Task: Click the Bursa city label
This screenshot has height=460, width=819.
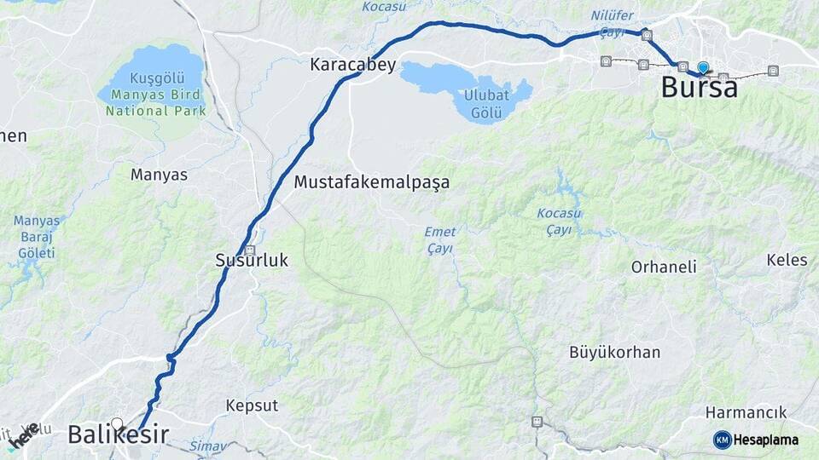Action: [x=700, y=87]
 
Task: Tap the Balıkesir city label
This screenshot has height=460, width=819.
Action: [x=118, y=435]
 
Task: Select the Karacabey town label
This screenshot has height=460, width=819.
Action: [x=352, y=65]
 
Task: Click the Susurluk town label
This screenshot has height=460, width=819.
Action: [x=252, y=262]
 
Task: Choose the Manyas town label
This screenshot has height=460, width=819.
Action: [x=159, y=175]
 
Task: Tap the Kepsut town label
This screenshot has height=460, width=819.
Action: [x=252, y=405]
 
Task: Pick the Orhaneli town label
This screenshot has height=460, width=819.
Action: [x=664, y=267]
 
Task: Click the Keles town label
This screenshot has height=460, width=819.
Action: [x=787, y=260]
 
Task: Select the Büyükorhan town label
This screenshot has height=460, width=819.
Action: [x=614, y=352]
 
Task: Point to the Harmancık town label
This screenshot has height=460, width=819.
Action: [x=746, y=412]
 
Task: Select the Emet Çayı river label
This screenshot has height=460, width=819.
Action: [x=440, y=239]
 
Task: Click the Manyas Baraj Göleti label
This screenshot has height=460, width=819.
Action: [x=37, y=237]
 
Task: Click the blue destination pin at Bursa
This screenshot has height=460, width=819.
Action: [x=702, y=67]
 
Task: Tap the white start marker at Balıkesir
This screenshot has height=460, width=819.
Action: [x=117, y=422]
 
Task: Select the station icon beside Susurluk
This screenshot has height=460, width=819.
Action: [x=250, y=250]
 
